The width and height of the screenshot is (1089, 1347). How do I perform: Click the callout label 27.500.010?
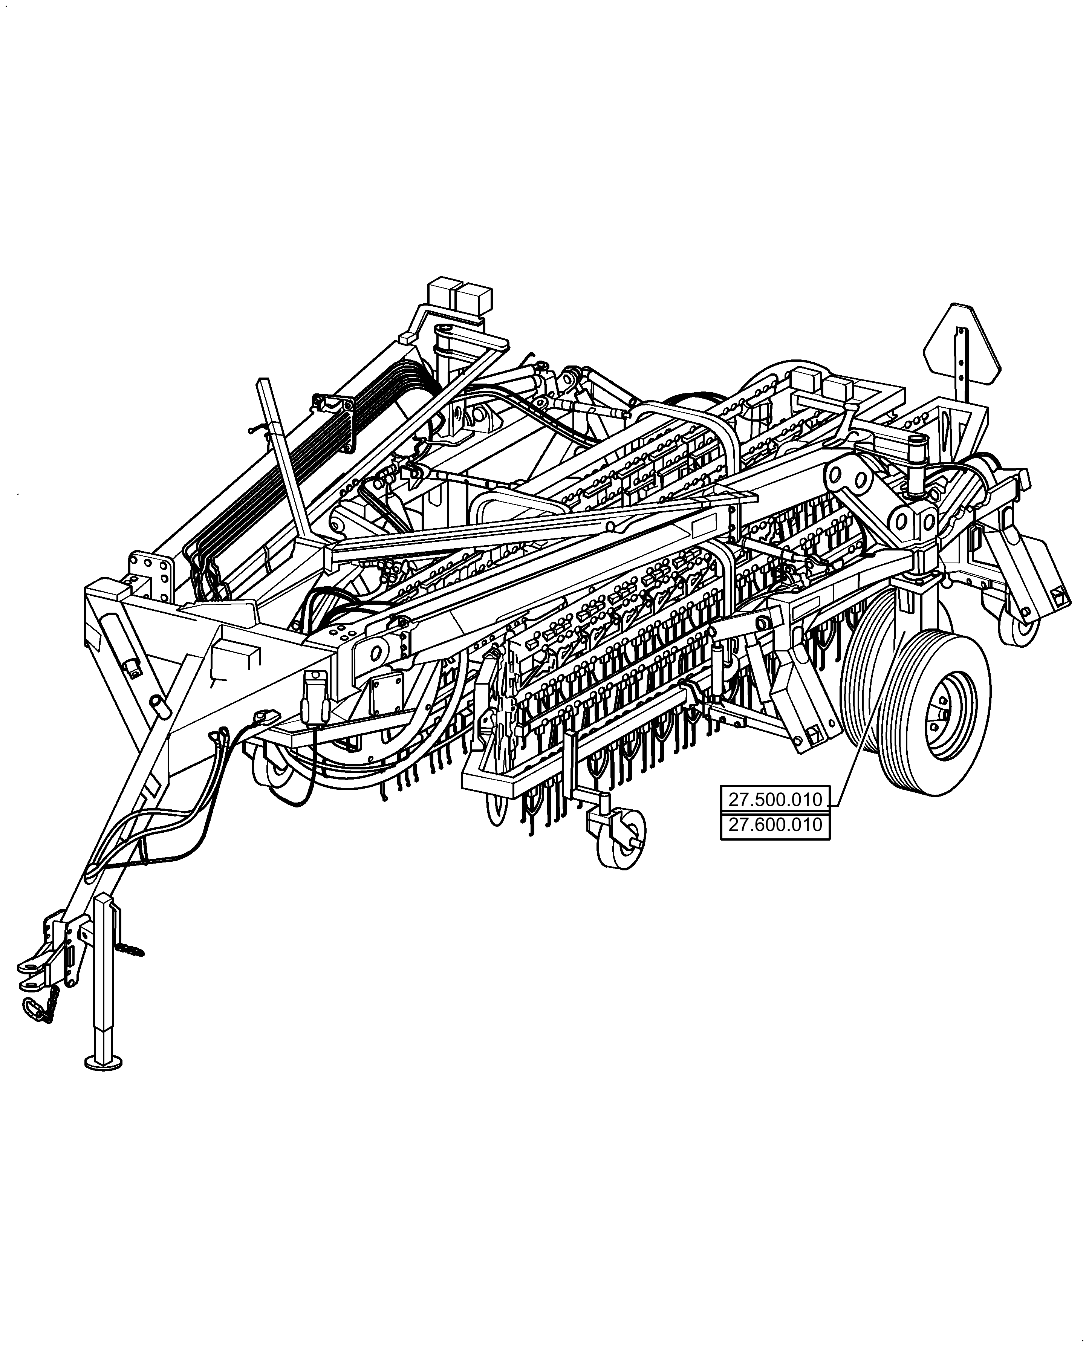[x=775, y=800]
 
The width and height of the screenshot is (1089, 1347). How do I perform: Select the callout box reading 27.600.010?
[x=775, y=825]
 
